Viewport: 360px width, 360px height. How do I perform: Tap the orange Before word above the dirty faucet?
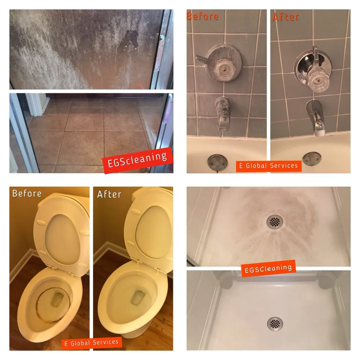(x=202, y=16)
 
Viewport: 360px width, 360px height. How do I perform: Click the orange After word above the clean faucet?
(x=285, y=17)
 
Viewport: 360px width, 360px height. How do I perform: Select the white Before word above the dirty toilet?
(x=27, y=194)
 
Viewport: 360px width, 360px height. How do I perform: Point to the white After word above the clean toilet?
(x=109, y=194)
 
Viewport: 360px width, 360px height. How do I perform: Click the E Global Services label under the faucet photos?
(x=269, y=166)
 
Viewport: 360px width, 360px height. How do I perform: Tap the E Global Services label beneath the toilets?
(x=91, y=343)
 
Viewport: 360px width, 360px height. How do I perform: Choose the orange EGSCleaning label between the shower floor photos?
(x=268, y=269)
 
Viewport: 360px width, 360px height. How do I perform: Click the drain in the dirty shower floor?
(x=275, y=221)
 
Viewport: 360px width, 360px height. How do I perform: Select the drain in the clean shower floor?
(x=275, y=324)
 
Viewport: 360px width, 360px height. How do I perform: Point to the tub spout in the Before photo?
(x=222, y=113)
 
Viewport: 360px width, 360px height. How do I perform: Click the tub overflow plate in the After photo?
(x=312, y=158)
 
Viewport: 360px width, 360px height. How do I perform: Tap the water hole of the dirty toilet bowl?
(x=57, y=300)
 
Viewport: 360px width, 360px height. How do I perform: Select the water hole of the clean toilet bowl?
(x=138, y=298)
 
